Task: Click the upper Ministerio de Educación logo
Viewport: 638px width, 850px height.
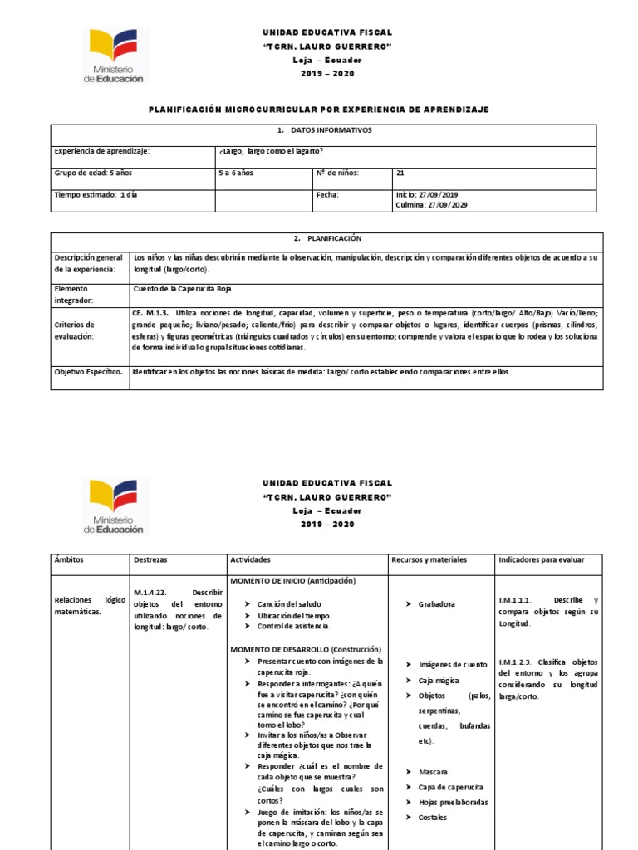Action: (115, 56)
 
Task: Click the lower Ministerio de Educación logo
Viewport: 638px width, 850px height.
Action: (115, 507)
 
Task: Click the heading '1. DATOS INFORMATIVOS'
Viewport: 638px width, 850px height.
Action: (325, 131)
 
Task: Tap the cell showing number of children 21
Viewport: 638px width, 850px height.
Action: (401, 173)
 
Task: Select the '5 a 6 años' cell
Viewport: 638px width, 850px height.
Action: (236, 173)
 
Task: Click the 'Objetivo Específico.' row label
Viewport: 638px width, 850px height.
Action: (89, 372)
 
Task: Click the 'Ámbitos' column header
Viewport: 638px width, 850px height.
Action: (69, 560)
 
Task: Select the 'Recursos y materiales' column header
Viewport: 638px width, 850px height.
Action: (429, 560)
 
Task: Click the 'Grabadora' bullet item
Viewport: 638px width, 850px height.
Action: (437, 604)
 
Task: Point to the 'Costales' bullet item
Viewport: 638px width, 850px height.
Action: (432, 818)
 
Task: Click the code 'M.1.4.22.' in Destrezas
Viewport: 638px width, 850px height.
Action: (152, 593)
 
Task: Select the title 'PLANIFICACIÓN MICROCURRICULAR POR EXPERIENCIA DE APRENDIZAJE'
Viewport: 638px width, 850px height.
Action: (318, 110)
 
